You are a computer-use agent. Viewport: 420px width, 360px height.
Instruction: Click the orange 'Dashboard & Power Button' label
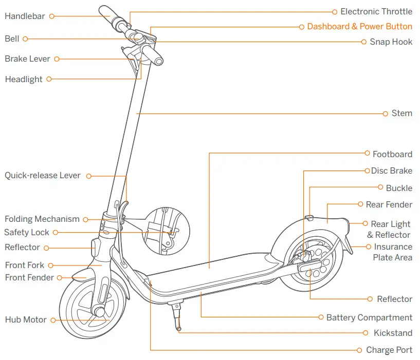click(x=359, y=26)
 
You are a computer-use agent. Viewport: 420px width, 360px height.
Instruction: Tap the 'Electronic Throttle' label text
click(x=376, y=11)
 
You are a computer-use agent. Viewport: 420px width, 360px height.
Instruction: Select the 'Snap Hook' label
click(x=391, y=42)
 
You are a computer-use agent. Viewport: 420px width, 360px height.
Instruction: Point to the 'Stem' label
click(x=401, y=113)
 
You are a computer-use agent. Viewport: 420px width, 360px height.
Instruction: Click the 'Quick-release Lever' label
click(x=43, y=176)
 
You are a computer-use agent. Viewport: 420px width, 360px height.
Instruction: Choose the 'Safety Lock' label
click(x=27, y=232)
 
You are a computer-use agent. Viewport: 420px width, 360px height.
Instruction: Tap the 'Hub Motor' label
click(x=26, y=319)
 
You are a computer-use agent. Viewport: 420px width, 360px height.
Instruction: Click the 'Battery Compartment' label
click(x=369, y=317)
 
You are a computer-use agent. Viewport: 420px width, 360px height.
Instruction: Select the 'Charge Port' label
click(x=389, y=350)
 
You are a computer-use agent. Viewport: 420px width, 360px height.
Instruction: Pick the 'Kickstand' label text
click(x=393, y=333)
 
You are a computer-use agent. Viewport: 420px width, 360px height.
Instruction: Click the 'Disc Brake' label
click(x=392, y=170)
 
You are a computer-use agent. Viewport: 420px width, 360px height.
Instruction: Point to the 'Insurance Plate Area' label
click(x=393, y=252)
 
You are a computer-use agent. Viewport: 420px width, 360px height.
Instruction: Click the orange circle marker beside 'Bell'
click(x=25, y=39)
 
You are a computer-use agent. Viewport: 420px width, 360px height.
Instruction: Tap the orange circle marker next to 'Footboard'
click(x=368, y=153)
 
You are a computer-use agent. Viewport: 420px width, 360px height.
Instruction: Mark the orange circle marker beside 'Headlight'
click(x=49, y=79)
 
